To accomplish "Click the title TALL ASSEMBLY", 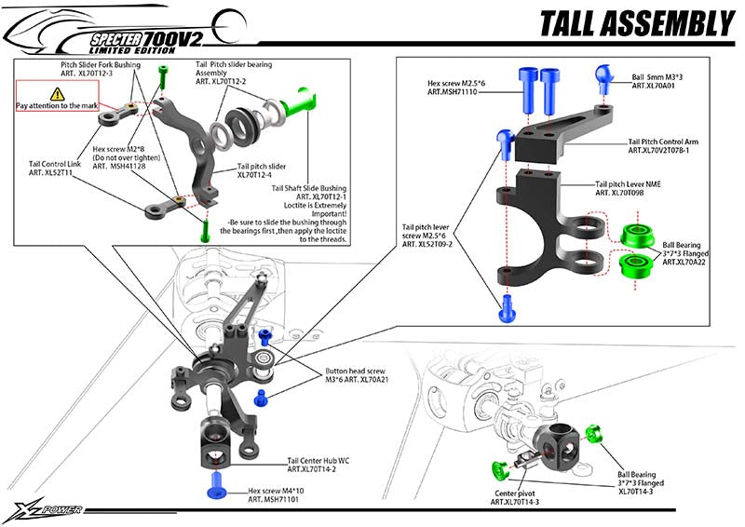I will coord(636,23).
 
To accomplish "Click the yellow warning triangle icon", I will coord(58,93).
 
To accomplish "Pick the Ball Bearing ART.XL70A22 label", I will coord(684,254).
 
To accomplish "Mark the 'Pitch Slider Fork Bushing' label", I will coord(102,68).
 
